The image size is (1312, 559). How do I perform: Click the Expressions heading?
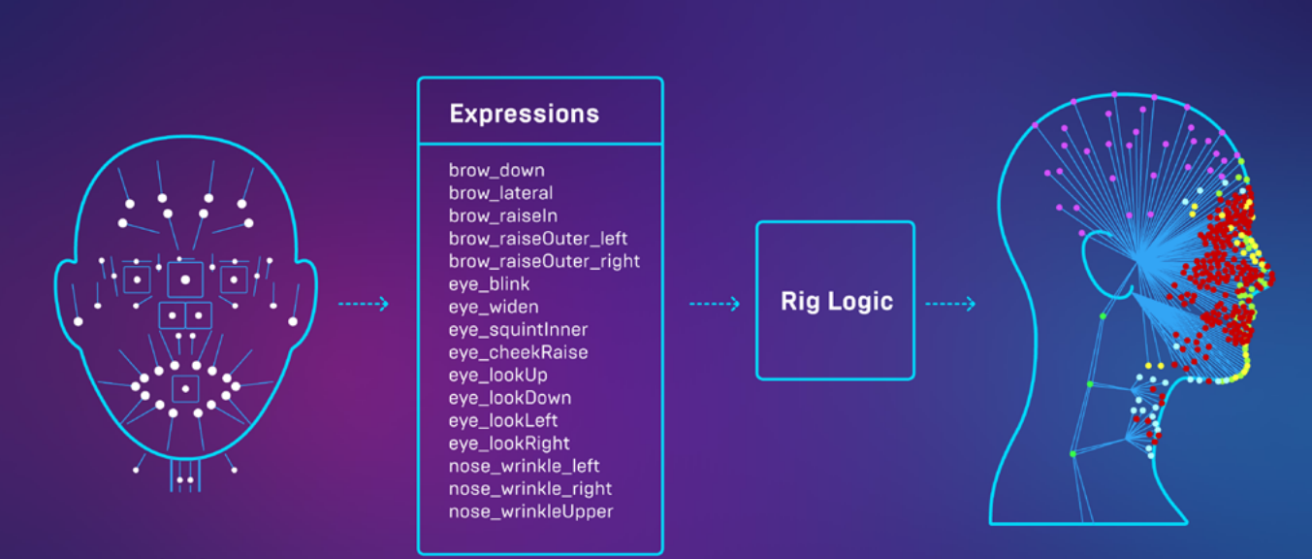click(524, 114)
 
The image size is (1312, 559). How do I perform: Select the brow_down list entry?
click(496, 171)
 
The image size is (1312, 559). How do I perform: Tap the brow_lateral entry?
click(500, 193)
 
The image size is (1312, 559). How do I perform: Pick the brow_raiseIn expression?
click(502, 215)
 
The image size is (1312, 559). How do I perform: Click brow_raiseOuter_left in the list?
click(538, 239)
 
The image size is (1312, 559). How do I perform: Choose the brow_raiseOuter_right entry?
click(544, 261)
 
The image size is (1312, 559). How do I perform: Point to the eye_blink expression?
click(489, 284)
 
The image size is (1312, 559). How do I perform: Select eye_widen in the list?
click(494, 307)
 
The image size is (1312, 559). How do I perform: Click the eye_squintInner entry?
click(518, 330)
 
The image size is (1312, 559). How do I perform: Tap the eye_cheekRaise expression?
click(518, 352)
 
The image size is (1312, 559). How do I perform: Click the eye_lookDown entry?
click(510, 398)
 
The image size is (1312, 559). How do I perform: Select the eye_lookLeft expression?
click(503, 420)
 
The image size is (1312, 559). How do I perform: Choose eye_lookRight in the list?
click(509, 444)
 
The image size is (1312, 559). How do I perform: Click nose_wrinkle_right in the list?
click(530, 488)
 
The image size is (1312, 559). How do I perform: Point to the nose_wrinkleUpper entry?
click(530, 511)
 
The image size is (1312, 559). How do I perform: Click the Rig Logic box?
click(835, 301)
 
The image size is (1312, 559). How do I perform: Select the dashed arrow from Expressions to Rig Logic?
click(714, 304)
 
